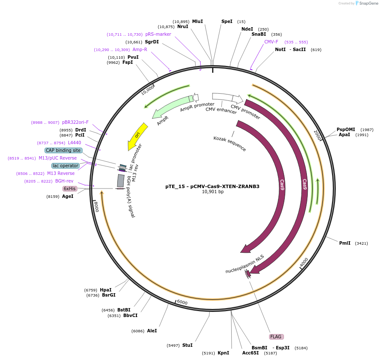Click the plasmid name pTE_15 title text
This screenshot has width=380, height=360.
212,186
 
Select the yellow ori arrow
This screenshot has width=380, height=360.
137,135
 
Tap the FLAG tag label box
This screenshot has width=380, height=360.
276,337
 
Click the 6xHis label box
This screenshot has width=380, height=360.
70,189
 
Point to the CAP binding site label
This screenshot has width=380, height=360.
63,150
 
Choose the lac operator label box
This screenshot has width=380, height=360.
65,166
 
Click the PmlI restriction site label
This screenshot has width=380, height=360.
345,243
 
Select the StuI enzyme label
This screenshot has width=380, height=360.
187,345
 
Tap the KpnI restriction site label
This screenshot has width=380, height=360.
223,353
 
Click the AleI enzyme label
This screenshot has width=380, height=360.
152,331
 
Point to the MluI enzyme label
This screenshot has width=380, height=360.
197,21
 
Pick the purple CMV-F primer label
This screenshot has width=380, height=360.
271,42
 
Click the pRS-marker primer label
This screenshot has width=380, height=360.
158,34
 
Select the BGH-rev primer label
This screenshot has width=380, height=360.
64,181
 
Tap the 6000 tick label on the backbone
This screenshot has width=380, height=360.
182,302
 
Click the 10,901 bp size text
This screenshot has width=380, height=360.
213,192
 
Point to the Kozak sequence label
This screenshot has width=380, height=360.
230,143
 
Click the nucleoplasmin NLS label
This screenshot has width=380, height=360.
245,264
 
